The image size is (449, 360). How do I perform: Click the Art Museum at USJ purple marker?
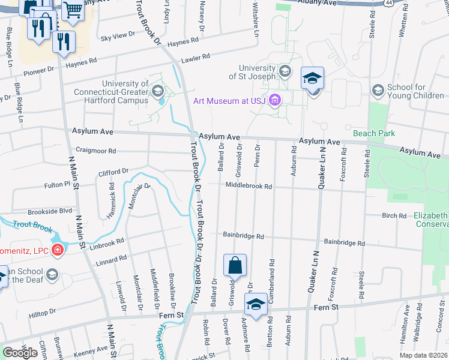[x=276, y=100]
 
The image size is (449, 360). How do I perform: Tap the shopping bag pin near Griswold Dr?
[x=235, y=265]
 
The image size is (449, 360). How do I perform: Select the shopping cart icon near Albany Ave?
[x=73, y=8]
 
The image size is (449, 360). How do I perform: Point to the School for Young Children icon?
[x=378, y=91]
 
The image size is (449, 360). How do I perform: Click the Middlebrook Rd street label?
[x=249, y=187]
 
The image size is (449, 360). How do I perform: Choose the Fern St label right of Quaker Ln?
[x=327, y=307]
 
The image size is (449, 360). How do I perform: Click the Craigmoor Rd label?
[x=96, y=151]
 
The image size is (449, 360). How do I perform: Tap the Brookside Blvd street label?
[x=50, y=212]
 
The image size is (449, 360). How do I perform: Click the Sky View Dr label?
[x=118, y=36]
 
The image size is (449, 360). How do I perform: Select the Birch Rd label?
[x=394, y=215]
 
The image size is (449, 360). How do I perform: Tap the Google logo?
[x=20, y=353]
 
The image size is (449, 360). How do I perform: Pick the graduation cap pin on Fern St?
[x=256, y=304]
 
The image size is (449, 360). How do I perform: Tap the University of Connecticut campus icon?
[x=158, y=91]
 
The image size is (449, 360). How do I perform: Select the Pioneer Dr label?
[x=38, y=71]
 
